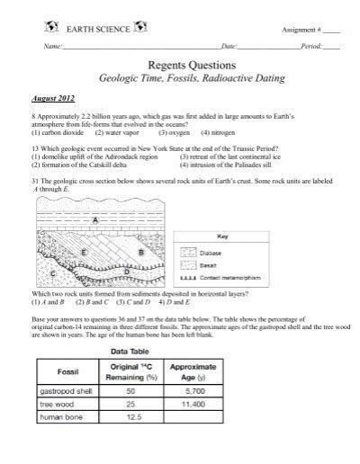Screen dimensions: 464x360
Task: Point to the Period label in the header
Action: pyautogui.click(x=311, y=45)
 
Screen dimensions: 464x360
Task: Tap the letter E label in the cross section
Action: pyautogui.click(x=84, y=253)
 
